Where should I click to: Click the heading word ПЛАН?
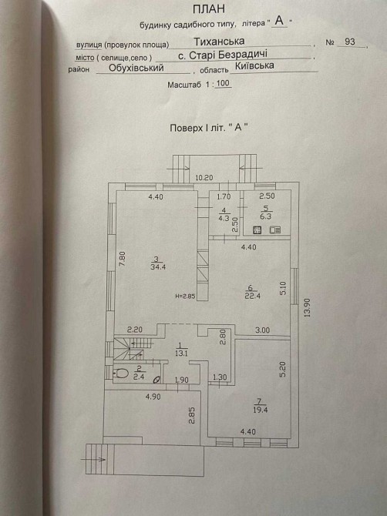coord(208,9)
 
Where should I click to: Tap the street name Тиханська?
coord(219,42)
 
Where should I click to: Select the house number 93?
coord(350,42)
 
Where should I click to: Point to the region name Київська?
coord(254,65)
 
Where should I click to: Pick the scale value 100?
coord(224,83)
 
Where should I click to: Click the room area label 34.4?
coord(158,267)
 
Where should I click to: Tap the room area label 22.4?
coord(253,296)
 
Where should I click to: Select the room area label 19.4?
coord(261,410)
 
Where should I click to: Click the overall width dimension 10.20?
coord(204,178)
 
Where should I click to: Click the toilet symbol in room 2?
coord(120,374)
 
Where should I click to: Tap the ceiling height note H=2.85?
coord(186,297)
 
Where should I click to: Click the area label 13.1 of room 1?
coord(180,353)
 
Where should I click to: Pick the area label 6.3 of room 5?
coord(266,216)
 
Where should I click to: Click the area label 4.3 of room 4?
coord(224,217)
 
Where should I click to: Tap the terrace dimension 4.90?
coord(153,397)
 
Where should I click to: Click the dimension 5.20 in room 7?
coord(284,369)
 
